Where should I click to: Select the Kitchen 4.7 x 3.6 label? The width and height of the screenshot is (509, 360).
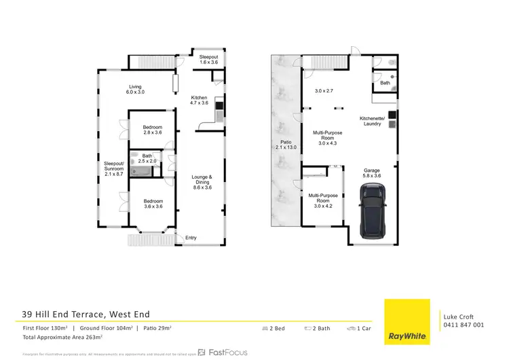click(x=200, y=101)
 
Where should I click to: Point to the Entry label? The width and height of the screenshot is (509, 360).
click(x=191, y=237)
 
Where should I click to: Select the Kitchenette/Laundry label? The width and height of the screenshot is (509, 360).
click(x=372, y=121)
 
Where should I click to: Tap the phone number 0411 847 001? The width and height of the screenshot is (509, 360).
click(x=464, y=325)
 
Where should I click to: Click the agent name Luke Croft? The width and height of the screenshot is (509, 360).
click(x=458, y=317)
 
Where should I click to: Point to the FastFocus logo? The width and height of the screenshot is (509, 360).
click(x=222, y=353)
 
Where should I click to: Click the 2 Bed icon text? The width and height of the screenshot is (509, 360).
click(x=274, y=329)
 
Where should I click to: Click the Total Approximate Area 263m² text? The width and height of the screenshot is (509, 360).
click(x=62, y=337)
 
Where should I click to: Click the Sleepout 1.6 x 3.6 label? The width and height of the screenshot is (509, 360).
click(x=208, y=60)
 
